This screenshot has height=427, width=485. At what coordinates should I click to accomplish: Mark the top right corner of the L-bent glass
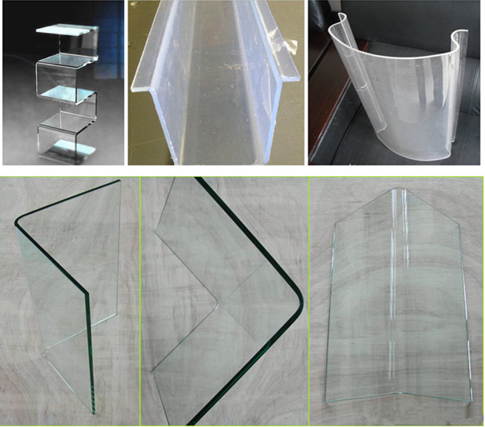[119, 182]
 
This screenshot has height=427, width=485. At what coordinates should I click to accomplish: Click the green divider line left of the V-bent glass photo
[308, 299]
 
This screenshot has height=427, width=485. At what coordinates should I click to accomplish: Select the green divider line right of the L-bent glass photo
[140, 299]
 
